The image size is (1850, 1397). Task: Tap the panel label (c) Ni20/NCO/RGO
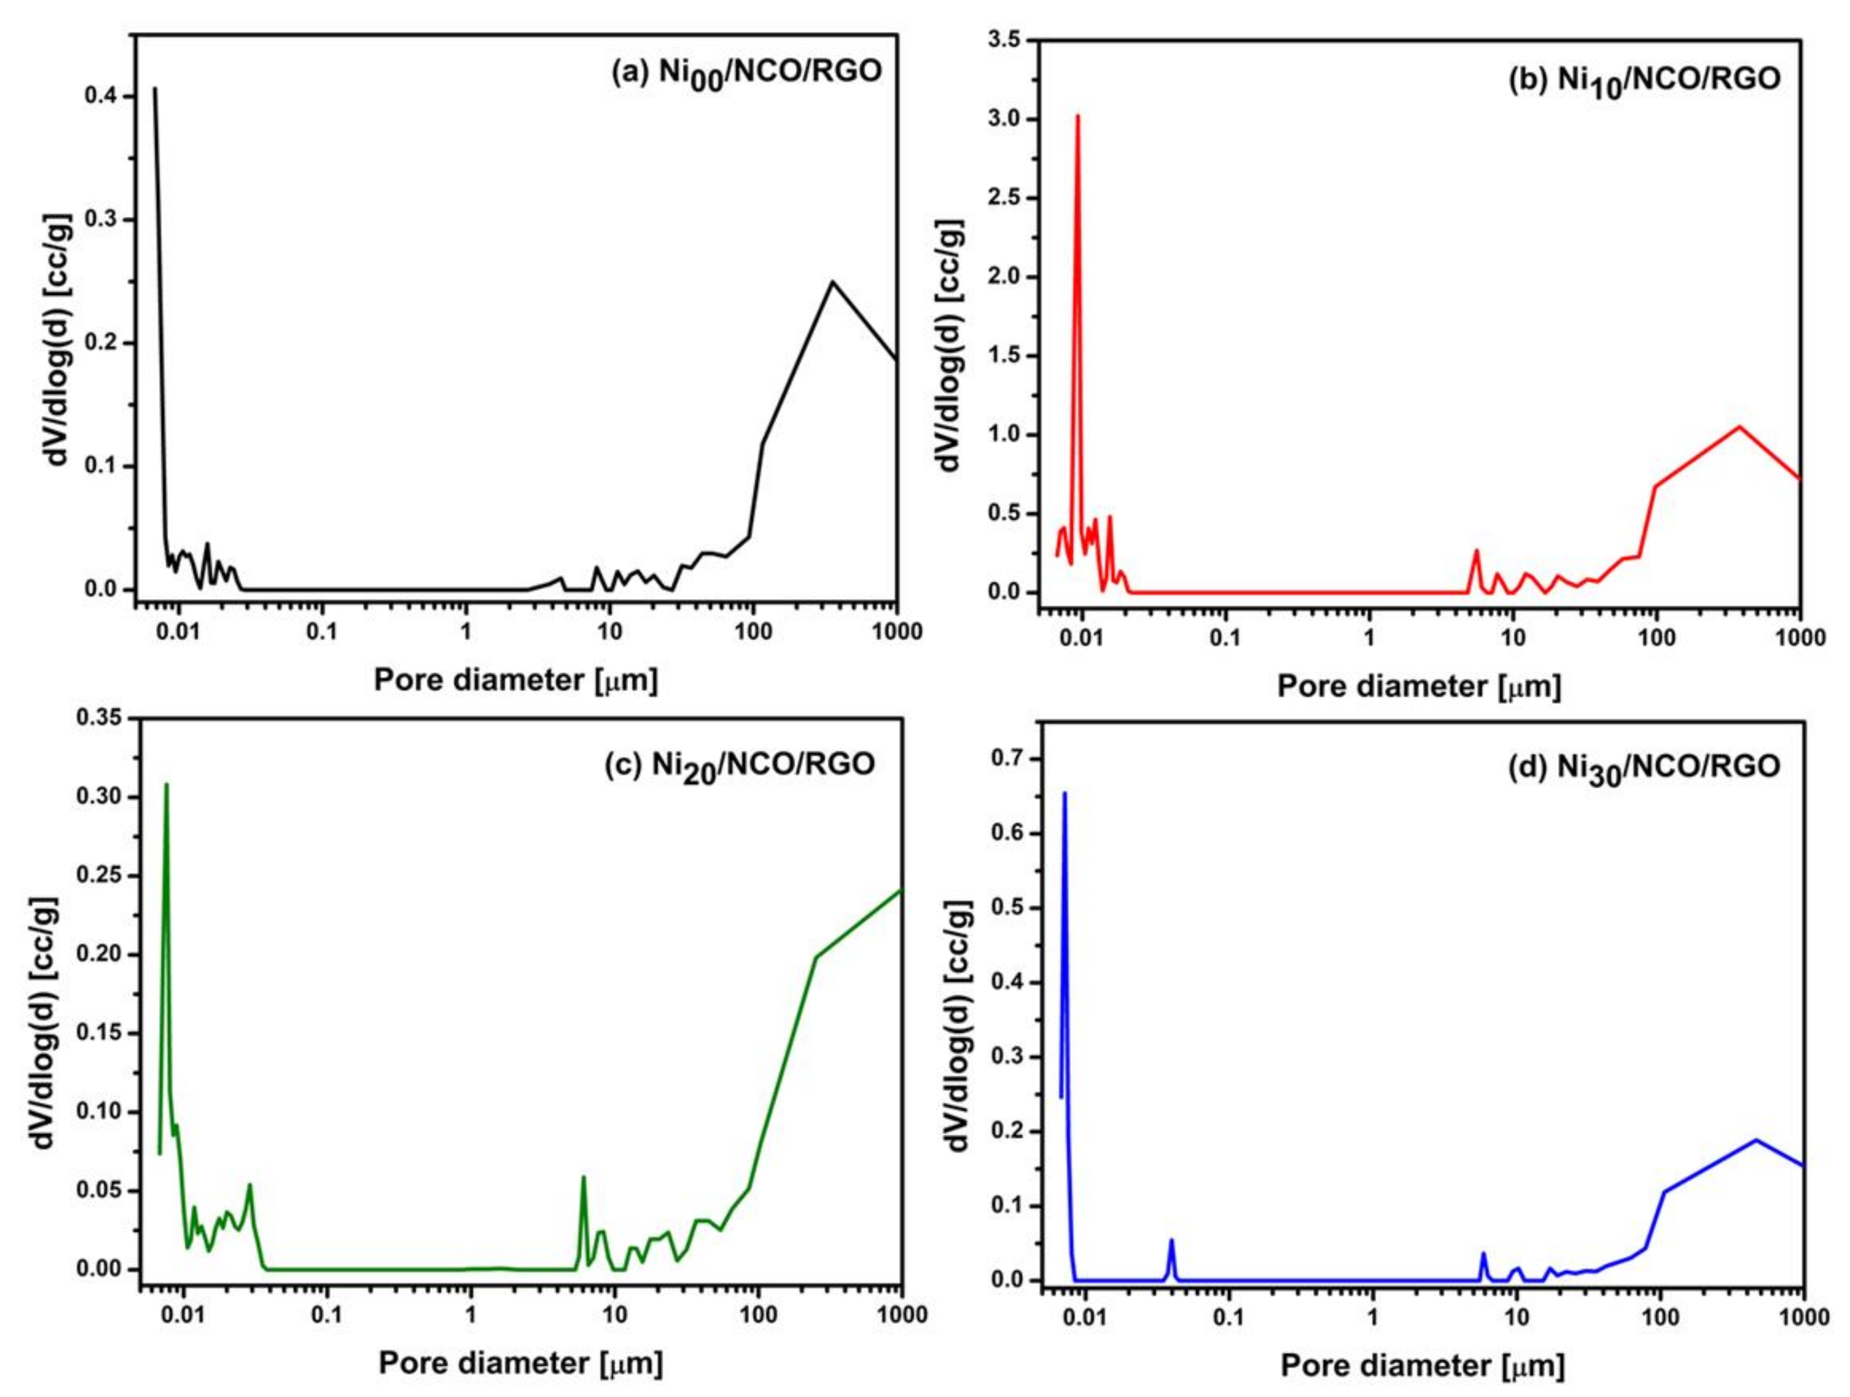click(x=740, y=765)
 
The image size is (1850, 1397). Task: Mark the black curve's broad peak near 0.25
click(x=832, y=282)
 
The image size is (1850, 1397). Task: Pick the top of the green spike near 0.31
click(x=166, y=785)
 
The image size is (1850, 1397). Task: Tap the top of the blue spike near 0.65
click(x=1064, y=793)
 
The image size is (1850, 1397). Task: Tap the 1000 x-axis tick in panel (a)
click(x=897, y=632)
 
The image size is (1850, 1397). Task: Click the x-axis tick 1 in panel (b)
click(x=1369, y=638)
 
